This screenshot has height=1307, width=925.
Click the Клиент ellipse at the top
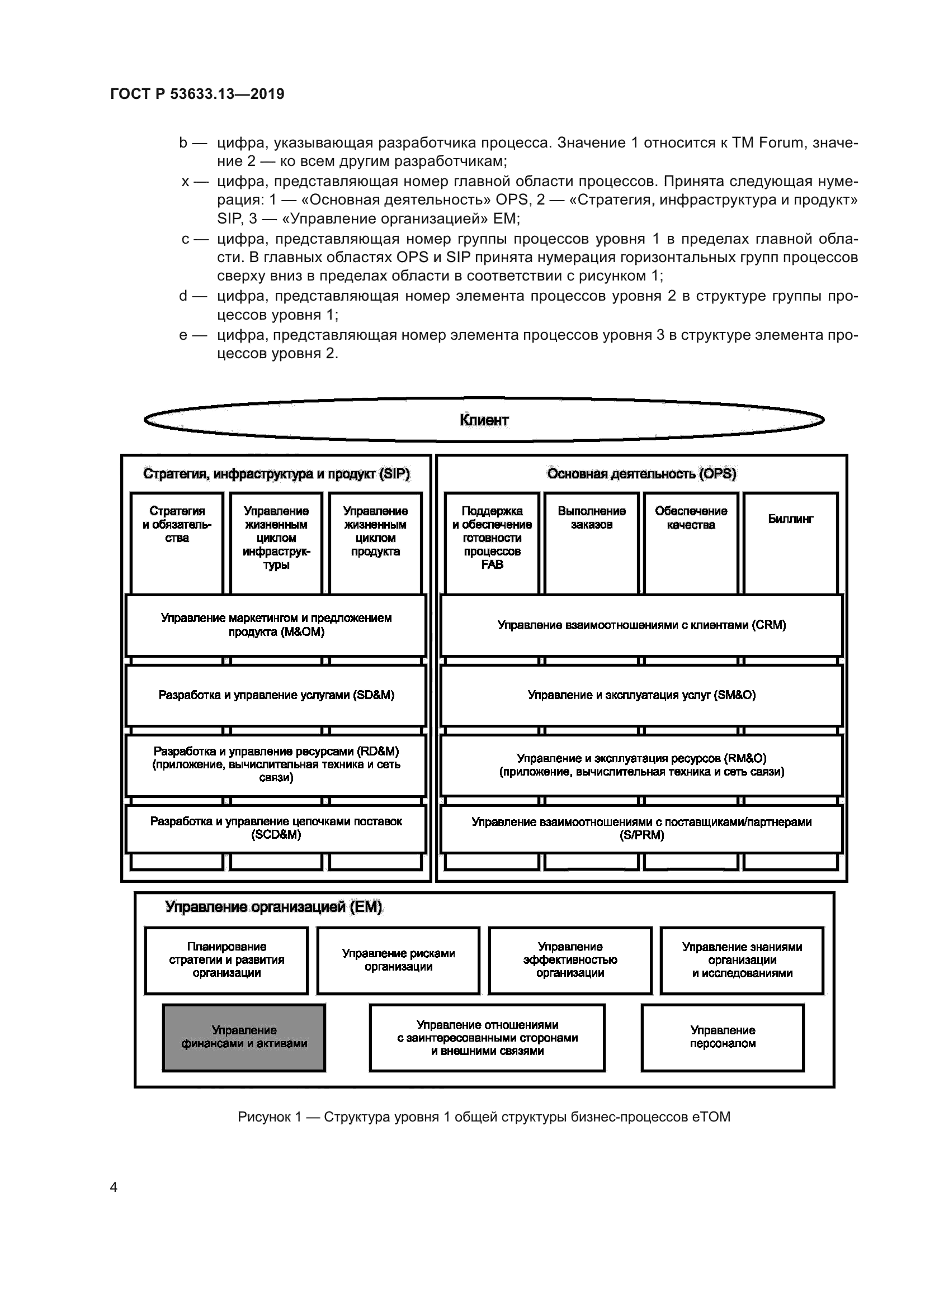point(484,420)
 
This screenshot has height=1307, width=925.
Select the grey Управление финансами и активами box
point(244,1037)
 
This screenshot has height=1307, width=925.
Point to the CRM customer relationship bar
point(641,625)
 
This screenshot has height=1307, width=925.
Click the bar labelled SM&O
point(641,695)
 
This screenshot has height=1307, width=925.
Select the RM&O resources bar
point(641,765)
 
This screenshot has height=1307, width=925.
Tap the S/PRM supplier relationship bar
point(641,828)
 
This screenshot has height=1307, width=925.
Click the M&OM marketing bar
point(276,625)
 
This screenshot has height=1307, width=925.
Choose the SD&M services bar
point(276,695)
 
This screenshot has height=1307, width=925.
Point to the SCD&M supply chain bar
point(276,828)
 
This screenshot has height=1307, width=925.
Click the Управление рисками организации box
point(398,960)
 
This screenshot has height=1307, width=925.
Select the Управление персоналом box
point(722,1037)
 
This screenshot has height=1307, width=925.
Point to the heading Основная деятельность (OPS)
point(641,474)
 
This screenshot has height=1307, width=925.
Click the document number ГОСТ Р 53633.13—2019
point(197,94)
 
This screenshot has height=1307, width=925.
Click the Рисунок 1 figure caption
point(484,1117)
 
